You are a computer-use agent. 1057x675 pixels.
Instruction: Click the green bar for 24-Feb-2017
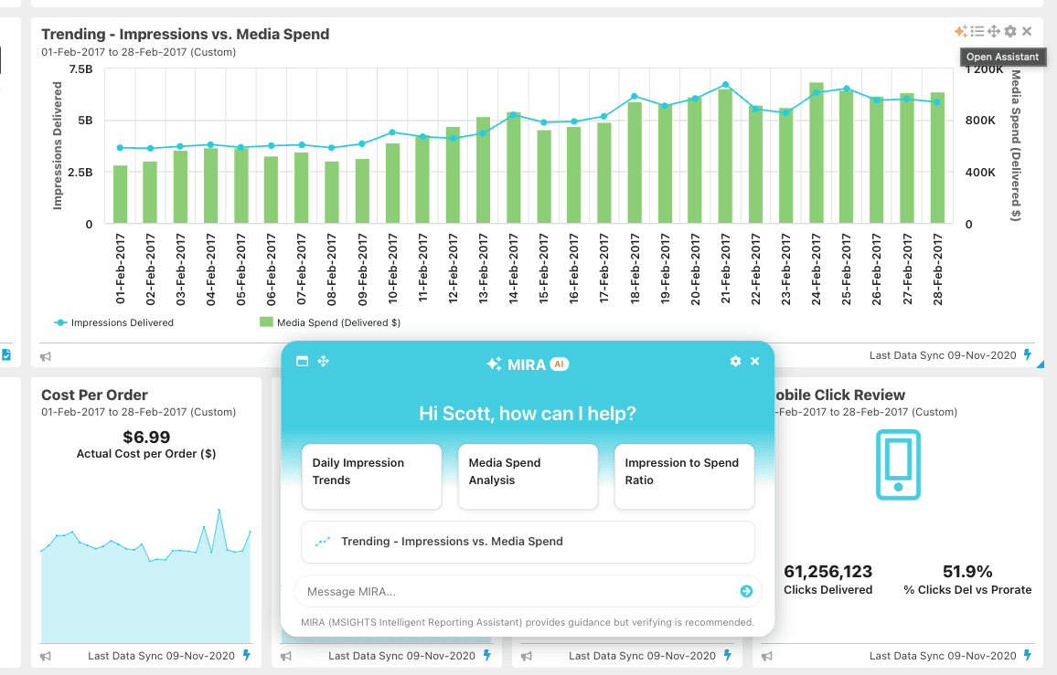pos(817,153)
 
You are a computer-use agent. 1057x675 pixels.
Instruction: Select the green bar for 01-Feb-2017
pos(121,195)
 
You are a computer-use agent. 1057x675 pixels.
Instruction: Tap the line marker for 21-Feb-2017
pos(725,85)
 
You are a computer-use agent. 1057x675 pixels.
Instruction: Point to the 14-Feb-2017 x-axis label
pos(514,269)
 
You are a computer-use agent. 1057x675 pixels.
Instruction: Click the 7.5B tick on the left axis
pos(80,69)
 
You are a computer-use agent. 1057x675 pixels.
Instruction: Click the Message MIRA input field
pos(517,592)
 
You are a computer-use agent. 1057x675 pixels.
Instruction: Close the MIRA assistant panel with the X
pos(755,362)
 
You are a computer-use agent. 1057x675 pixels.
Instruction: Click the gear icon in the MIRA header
pos(735,362)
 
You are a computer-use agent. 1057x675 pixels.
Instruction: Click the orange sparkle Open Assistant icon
pos(960,32)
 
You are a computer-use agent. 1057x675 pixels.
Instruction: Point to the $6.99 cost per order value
pos(146,437)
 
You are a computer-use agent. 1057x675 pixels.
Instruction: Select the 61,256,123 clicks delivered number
pos(828,572)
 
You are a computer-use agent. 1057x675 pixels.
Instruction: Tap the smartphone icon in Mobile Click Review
pos(898,464)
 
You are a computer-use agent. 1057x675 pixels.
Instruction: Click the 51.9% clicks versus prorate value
pos(967,572)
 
